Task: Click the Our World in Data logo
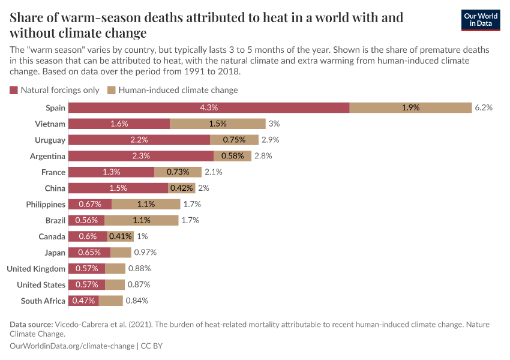click(x=480, y=20)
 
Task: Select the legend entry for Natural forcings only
click(x=55, y=90)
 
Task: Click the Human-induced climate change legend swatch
click(x=111, y=90)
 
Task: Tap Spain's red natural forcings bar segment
click(x=209, y=107)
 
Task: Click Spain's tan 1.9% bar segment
click(x=410, y=107)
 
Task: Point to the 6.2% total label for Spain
click(x=484, y=107)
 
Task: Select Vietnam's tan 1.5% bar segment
click(x=218, y=124)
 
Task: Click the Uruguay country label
click(x=50, y=140)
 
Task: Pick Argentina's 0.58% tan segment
click(x=232, y=156)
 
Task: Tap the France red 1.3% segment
click(x=111, y=172)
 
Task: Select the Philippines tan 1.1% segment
click(x=146, y=204)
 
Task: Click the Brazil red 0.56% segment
click(x=86, y=220)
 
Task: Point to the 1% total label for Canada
click(x=142, y=236)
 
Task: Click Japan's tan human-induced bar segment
click(x=121, y=253)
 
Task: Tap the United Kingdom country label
click(x=36, y=269)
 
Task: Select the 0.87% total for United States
click(x=139, y=284)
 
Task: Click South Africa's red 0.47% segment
click(x=83, y=301)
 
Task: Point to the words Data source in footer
click(x=31, y=325)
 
